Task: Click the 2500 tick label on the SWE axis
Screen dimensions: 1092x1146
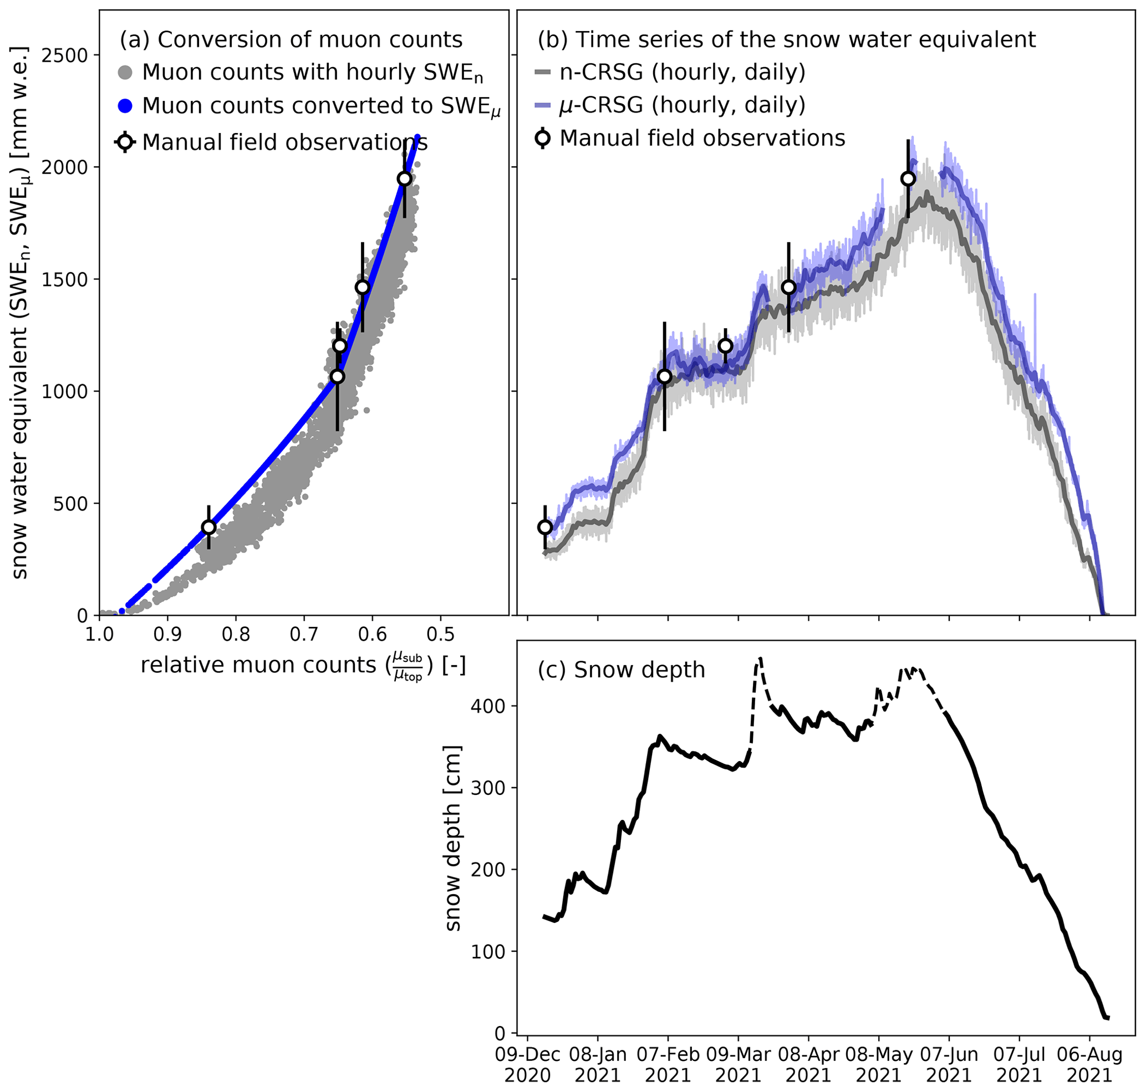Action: [x=65, y=55]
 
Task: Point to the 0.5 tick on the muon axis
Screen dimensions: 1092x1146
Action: [x=440, y=634]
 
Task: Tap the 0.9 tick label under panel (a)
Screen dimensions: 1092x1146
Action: [x=167, y=634]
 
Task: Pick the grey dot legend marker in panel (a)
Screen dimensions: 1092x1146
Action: [x=125, y=73]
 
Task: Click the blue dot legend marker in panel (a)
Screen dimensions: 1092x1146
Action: [x=125, y=106]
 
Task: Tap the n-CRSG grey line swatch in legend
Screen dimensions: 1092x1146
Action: [x=542, y=73]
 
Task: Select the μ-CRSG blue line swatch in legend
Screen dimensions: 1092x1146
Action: [x=542, y=106]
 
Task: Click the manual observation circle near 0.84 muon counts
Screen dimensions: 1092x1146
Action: [x=208, y=527]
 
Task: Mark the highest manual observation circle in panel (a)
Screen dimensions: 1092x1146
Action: [x=404, y=178]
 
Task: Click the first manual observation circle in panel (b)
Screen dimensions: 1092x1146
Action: [x=545, y=527]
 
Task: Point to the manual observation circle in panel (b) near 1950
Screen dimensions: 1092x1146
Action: [x=908, y=178]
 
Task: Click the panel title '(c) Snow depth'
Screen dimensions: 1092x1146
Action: [x=621, y=670]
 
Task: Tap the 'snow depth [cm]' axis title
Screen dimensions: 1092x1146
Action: [x=452, y=839]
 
